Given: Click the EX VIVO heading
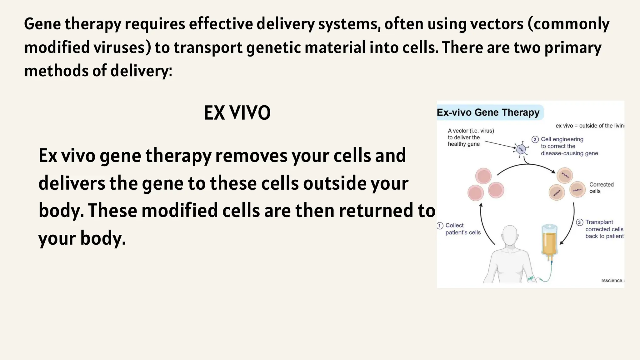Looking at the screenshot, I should click(x=237, y=113).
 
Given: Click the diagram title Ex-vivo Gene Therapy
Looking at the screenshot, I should click(x=488, y=112).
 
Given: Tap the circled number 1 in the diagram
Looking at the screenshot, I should click(x=440, y=226).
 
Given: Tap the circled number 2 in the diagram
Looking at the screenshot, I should click(x=535, y=139).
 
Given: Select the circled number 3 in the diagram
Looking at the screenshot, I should click(x=580, y=222).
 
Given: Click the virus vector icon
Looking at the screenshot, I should click(x=521, y=149).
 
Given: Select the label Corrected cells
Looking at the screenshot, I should click(x=601, y=188).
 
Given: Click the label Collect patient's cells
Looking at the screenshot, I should click(x=462, y=229).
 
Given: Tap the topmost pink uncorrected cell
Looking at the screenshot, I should click(x=483, y=176).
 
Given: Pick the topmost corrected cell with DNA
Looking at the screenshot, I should click(x=565, y=175).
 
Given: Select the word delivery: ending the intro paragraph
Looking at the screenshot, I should click(x=141, y=71).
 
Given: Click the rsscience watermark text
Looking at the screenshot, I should click(x=612, y=280).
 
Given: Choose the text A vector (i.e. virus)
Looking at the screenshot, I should click(x=471, y=131).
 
